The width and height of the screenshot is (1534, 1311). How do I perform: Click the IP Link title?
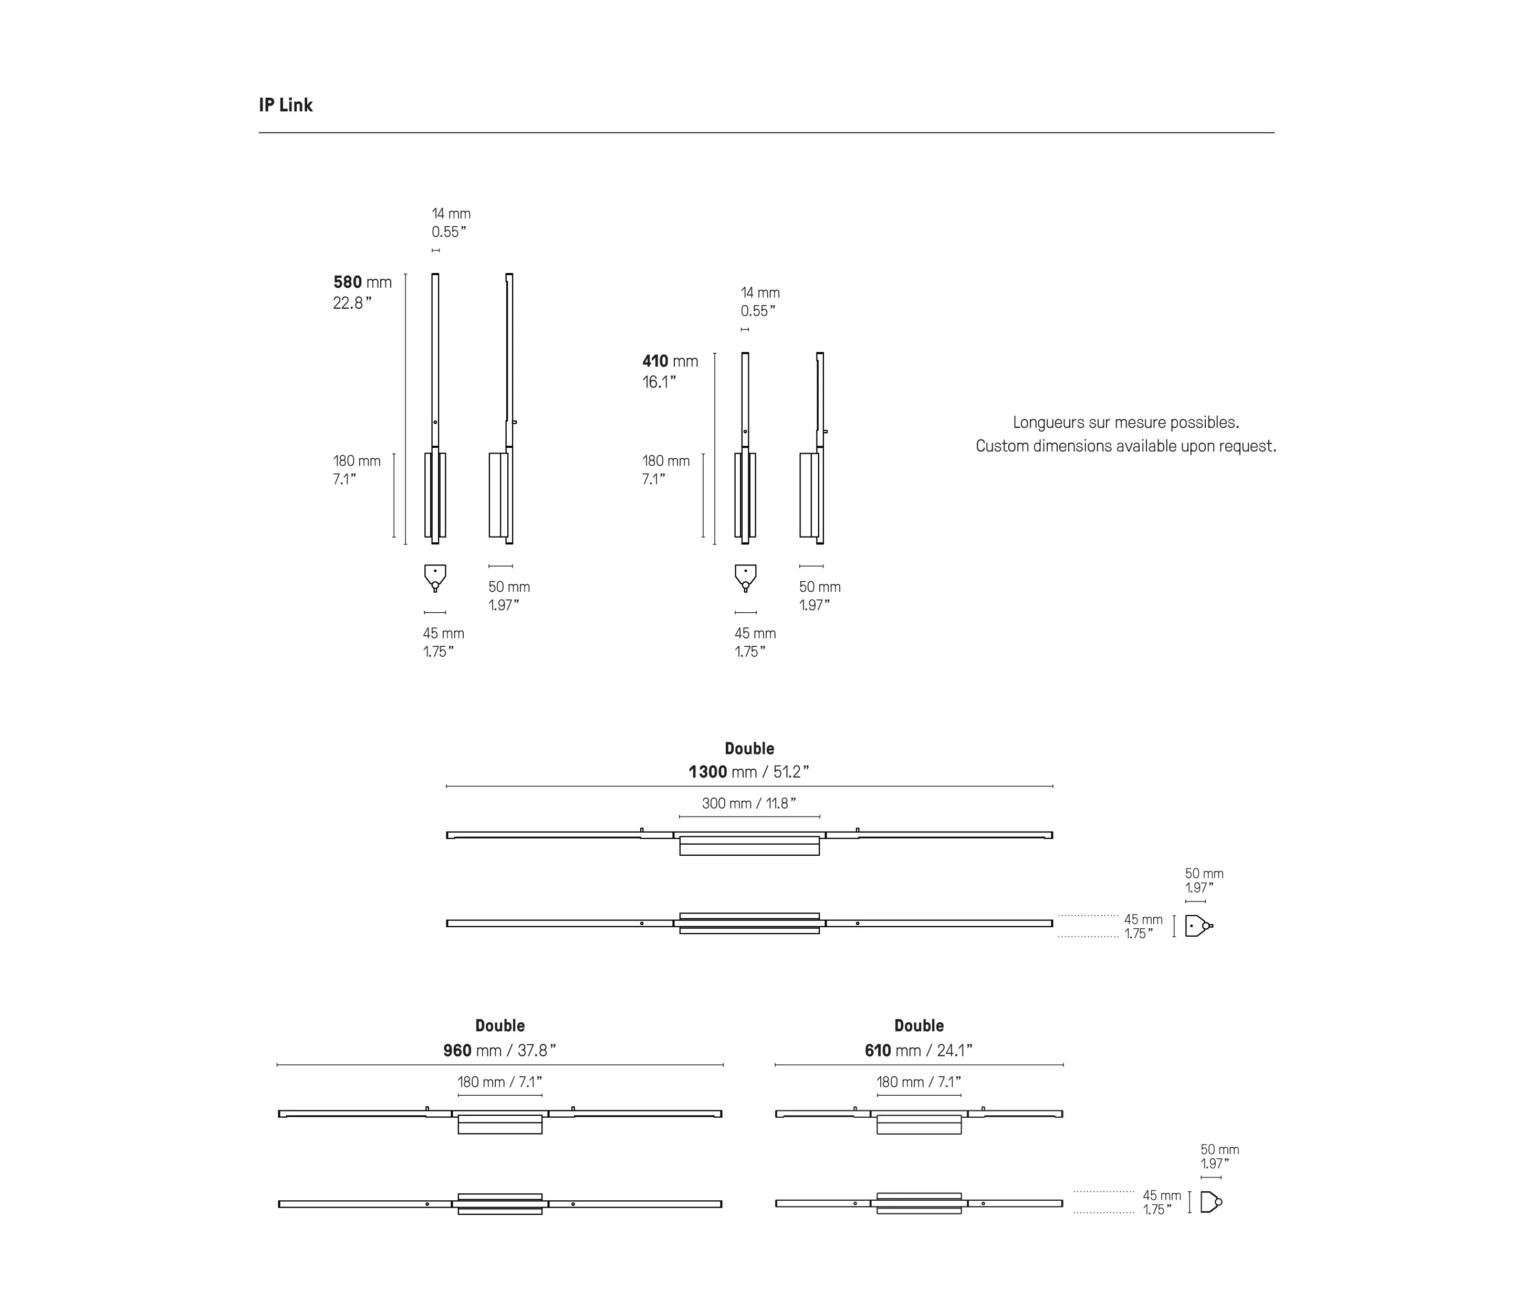click(286, 105)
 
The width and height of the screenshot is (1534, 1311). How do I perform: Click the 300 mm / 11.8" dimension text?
click(749, 803)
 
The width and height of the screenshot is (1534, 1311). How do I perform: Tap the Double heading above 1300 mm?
click(749, 748)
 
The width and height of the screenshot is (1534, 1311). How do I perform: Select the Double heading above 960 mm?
click(500, 1026)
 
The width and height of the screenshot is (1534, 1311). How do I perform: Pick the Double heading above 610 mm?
click(919, 1026)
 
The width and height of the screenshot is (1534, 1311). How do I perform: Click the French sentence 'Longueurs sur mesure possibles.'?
click(1125, 423)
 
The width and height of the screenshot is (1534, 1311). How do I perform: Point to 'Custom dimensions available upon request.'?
click(1125, 446)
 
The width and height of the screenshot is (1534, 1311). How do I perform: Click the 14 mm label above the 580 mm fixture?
click(451, 214)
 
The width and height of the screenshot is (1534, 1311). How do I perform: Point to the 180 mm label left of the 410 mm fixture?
click(665, 461)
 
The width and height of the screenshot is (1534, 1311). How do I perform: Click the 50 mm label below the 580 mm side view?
click(508, 587)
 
